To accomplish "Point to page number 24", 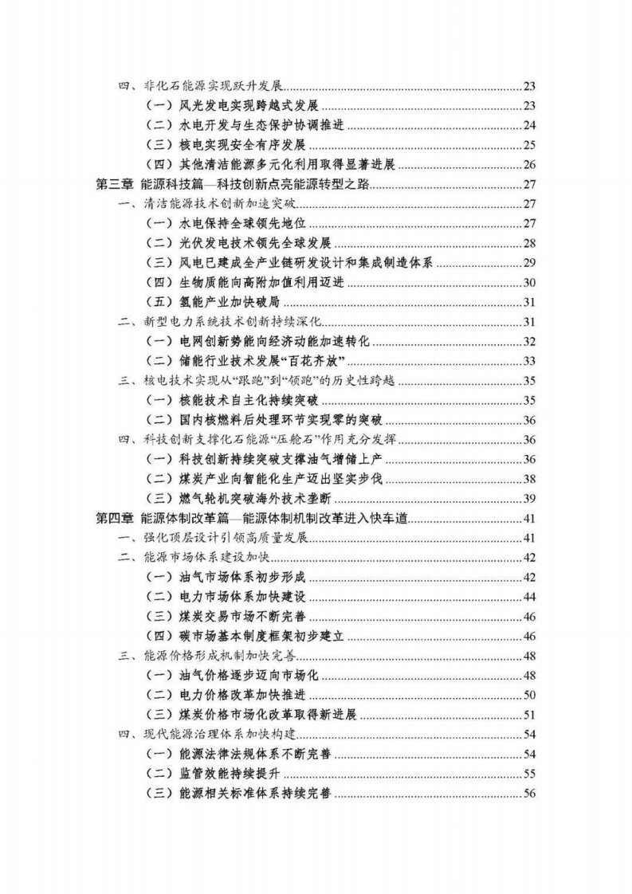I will coord(529,126).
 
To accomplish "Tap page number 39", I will coord(529,499).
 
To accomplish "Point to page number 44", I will coord(529,597).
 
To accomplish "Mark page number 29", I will coord(529,263).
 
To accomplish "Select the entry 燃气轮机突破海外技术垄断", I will coord(258,499).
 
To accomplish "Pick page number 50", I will coord(529,695).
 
